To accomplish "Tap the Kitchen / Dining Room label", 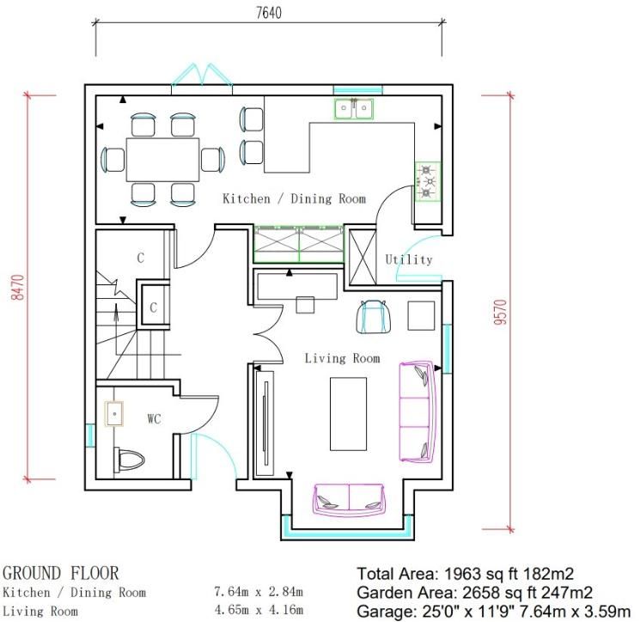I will click(x=294, y=198).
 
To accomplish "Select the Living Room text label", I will click(x=342, y=358).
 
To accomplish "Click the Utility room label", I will click(x=409, y=259).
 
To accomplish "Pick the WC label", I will click(x=155, y=419).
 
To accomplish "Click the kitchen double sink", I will click(x=353, y=109).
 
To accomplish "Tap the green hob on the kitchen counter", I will click(x=427, y=181).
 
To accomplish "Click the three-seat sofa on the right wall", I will click(x=418, y=411).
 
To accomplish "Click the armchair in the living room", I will click(x=373, y=316).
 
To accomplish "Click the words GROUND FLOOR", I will click(x=61, y=573).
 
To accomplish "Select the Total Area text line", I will click(x=466, y=574).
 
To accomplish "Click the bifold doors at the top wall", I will click(x=204, y=76).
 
